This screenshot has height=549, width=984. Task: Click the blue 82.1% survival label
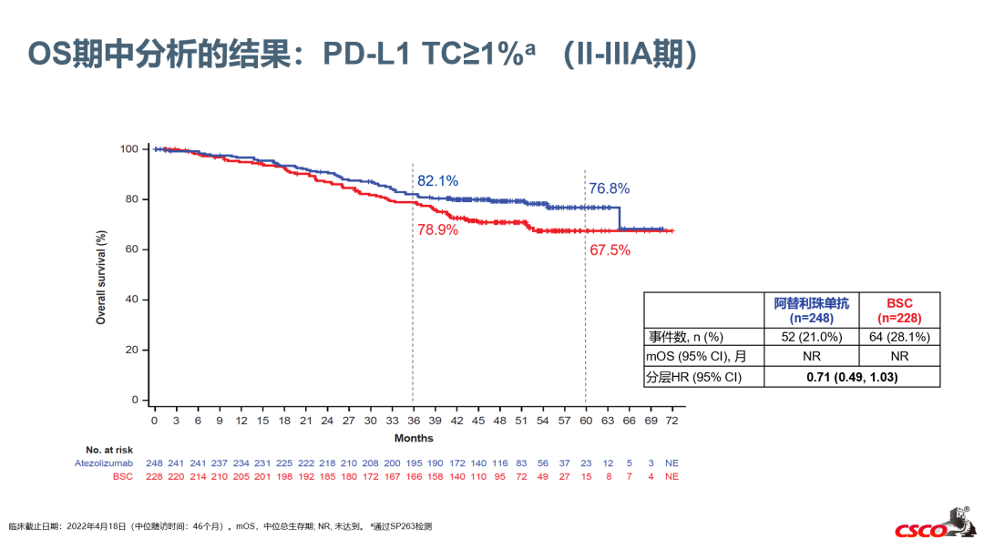pyautogui.click(x=437, y=181)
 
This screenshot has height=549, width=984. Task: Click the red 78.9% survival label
pyautogui.click(x=437, y=229)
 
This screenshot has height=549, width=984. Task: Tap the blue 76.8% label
pyautogui.click(x=609, y=188)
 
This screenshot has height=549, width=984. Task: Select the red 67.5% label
pyautogui.click(x=610, y=249)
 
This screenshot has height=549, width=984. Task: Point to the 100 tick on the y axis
pyautogui.click(x=128, y=148)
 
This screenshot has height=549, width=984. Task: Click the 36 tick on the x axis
pyautogui.click(x=414, y=421)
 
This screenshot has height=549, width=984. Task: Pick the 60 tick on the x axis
pyautogui.click(x=586, y=421)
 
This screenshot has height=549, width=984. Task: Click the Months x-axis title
pyautogui.click(x=414, y=439)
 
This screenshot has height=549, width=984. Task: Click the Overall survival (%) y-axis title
pyautogui.click(x=101, y=274)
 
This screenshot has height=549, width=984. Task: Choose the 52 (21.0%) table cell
pyautogui.click(x=811, y=337)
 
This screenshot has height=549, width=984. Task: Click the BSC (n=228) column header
pyautogui.click(x=898, y=310)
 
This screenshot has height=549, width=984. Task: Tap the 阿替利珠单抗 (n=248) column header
pyautogui.click(x=811, y=310)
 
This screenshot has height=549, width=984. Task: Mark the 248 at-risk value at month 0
pyautogui.click(x=155, y=463)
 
